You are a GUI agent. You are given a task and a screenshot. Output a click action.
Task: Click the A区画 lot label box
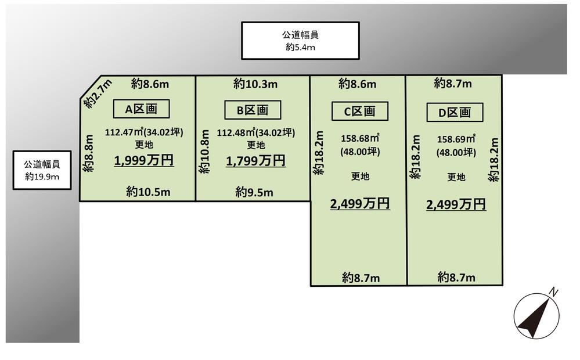[141, 109]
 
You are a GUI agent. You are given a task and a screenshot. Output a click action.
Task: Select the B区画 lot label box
[253, 110]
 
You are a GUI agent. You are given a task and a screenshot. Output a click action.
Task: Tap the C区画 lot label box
[360, 111]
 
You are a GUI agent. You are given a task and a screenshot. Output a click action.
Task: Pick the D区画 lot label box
[455, 112]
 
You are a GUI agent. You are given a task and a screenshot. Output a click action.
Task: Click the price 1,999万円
[144, 161]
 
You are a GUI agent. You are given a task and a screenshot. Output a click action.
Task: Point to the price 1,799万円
[255, 161]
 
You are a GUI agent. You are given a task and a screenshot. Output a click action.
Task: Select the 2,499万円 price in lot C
[360, 203]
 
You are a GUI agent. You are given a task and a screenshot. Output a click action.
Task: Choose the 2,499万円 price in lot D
[456, 204]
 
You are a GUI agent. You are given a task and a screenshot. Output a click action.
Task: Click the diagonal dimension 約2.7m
[98, 93]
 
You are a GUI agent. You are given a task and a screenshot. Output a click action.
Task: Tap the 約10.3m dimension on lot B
[255, 84]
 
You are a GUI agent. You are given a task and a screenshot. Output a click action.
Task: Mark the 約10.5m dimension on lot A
[148, 192]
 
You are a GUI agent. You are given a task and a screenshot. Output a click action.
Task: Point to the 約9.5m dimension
[254, 192]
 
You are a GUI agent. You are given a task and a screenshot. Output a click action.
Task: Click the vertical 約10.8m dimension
[204, 152]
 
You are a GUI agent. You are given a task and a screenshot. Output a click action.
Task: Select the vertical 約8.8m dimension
[88, 153]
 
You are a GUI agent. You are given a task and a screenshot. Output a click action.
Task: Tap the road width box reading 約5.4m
[300, 41]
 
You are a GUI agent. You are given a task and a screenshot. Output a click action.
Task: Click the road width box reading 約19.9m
[42, 170]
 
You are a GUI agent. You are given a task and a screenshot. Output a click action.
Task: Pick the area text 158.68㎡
[360, 138]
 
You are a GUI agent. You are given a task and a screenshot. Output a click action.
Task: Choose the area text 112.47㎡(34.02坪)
[144, 132]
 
